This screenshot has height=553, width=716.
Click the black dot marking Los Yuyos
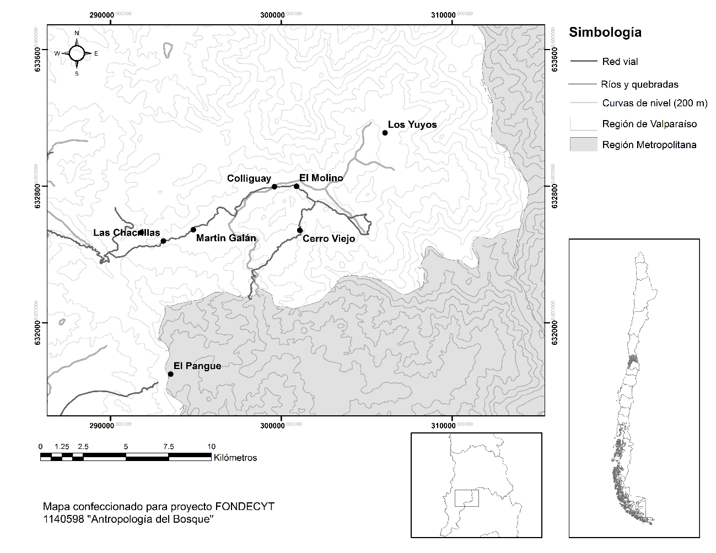pyautogui.click(x=385, y=133)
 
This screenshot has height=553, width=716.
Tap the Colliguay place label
pyautogui.click(x=249, y=178)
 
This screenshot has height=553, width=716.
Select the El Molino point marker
pyautogui.click(x=297, y=186)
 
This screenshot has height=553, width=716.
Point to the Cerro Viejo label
pyautogui.click(x=329, y=238)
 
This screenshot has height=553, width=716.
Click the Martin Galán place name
pyautogui.click(x=226, y=238)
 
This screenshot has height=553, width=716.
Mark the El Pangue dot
pyautogui.click(x=171, y=374)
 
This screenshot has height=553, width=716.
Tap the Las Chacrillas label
pyautogui.click(x=126, y=232)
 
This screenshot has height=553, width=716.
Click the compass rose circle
pyautogui.click(x=77, y=53)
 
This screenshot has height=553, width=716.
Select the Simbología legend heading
pyautogui.click(x=605, y=32)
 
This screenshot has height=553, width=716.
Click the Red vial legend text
pyautogui.click(x=620, y=62)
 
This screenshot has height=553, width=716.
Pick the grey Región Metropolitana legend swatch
pyautogui.click(x=583, y=144)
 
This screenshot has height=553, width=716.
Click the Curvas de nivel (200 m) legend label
pyautogui.click(x=654, y=103)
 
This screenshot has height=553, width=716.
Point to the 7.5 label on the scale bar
pyautogui.click(x=169, y=446)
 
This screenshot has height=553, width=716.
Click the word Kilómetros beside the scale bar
pyautogui.click(x=235, y=457)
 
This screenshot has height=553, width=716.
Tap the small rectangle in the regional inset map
pyautogui.click(x=466, y=498)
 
